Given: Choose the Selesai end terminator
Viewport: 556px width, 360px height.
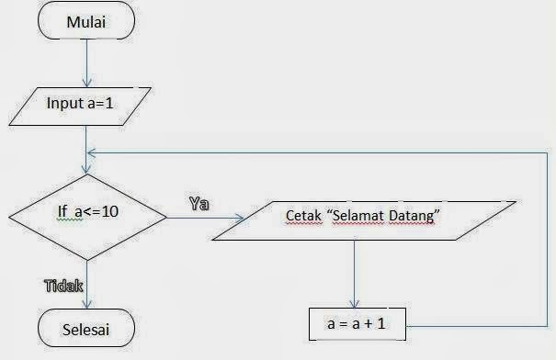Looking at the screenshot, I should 85,327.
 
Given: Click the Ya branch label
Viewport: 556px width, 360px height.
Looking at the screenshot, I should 199,204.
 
